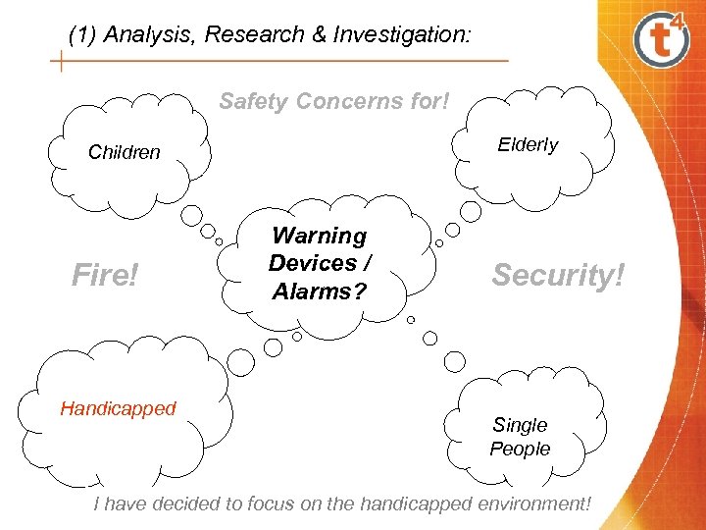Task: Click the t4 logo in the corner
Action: [x=662, y=40]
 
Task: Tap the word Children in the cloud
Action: [x=124, y=152]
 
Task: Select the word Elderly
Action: [x=528, y=144]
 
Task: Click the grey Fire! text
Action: [x=106, y=276]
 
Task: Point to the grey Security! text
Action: [x=558, y=276]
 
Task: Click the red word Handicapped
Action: [x=118, y=408]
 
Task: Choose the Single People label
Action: [x=520, y=437]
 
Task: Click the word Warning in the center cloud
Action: [x=319, y=236]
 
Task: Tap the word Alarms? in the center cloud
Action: [x=319, y=291]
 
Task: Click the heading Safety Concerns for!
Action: [x=334, y=101]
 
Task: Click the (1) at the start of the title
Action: [x=83, y=36]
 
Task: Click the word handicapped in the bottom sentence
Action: [x=414, y=503]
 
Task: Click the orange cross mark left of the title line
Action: [x=62, y=62]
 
